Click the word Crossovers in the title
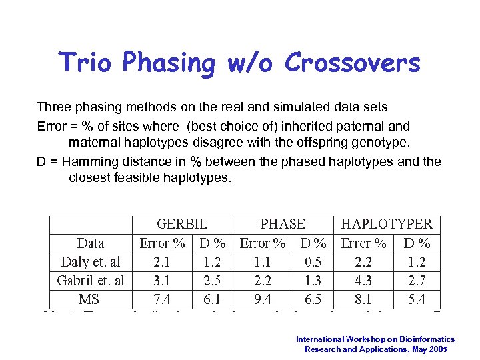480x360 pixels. [x=353, y=63]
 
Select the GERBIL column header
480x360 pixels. [x=182, y=224]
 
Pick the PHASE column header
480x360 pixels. [x=283, y=224]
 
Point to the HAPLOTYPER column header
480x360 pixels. [x=387, y=224]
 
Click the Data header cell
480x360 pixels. [x=91, y=243]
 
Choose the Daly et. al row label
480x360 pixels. [x=91, y=261]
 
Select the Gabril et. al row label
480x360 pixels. [x=91, y=280]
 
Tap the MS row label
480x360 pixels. [x=89, y=299]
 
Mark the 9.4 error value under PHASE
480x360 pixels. [x=262, y=299]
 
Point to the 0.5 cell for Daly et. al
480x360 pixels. [x=313, y=261]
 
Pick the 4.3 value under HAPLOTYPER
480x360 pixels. [x=364, y=280]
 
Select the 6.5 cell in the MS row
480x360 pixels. [x=313, y=299]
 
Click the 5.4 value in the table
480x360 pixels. [x=417, y=299]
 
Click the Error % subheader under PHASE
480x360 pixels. [x=262, y=243]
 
